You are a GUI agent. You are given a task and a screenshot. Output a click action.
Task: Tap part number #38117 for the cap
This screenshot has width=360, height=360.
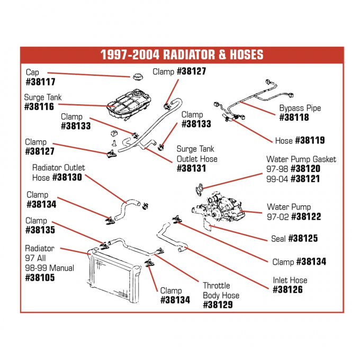tap(40, 82)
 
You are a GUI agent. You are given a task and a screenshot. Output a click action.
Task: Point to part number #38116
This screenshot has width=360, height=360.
tap(40, 107)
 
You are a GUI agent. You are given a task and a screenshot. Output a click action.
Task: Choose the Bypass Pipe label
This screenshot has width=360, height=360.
tap(300, 108)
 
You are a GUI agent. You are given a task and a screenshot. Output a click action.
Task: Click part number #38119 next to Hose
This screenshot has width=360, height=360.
tap(310, 140)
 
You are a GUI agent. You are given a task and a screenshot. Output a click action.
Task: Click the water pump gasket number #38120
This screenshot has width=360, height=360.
tap(305, 169)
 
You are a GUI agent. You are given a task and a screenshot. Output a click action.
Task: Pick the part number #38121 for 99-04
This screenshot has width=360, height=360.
tap(306, 179)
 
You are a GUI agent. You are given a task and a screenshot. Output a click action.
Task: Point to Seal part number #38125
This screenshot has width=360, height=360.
tap(302, 239)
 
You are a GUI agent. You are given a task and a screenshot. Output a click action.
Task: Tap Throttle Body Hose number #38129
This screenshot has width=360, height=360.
tap(218, 305)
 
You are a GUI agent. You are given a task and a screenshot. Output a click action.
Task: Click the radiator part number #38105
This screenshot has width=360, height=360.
tap(40, 277)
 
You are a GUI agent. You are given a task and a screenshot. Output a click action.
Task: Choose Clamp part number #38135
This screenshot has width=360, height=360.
tap(40, 230)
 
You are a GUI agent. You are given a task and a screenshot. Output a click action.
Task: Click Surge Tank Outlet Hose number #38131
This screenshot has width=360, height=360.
tap(191, 168)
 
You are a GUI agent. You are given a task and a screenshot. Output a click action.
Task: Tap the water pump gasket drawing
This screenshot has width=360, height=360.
tap(200, 188)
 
